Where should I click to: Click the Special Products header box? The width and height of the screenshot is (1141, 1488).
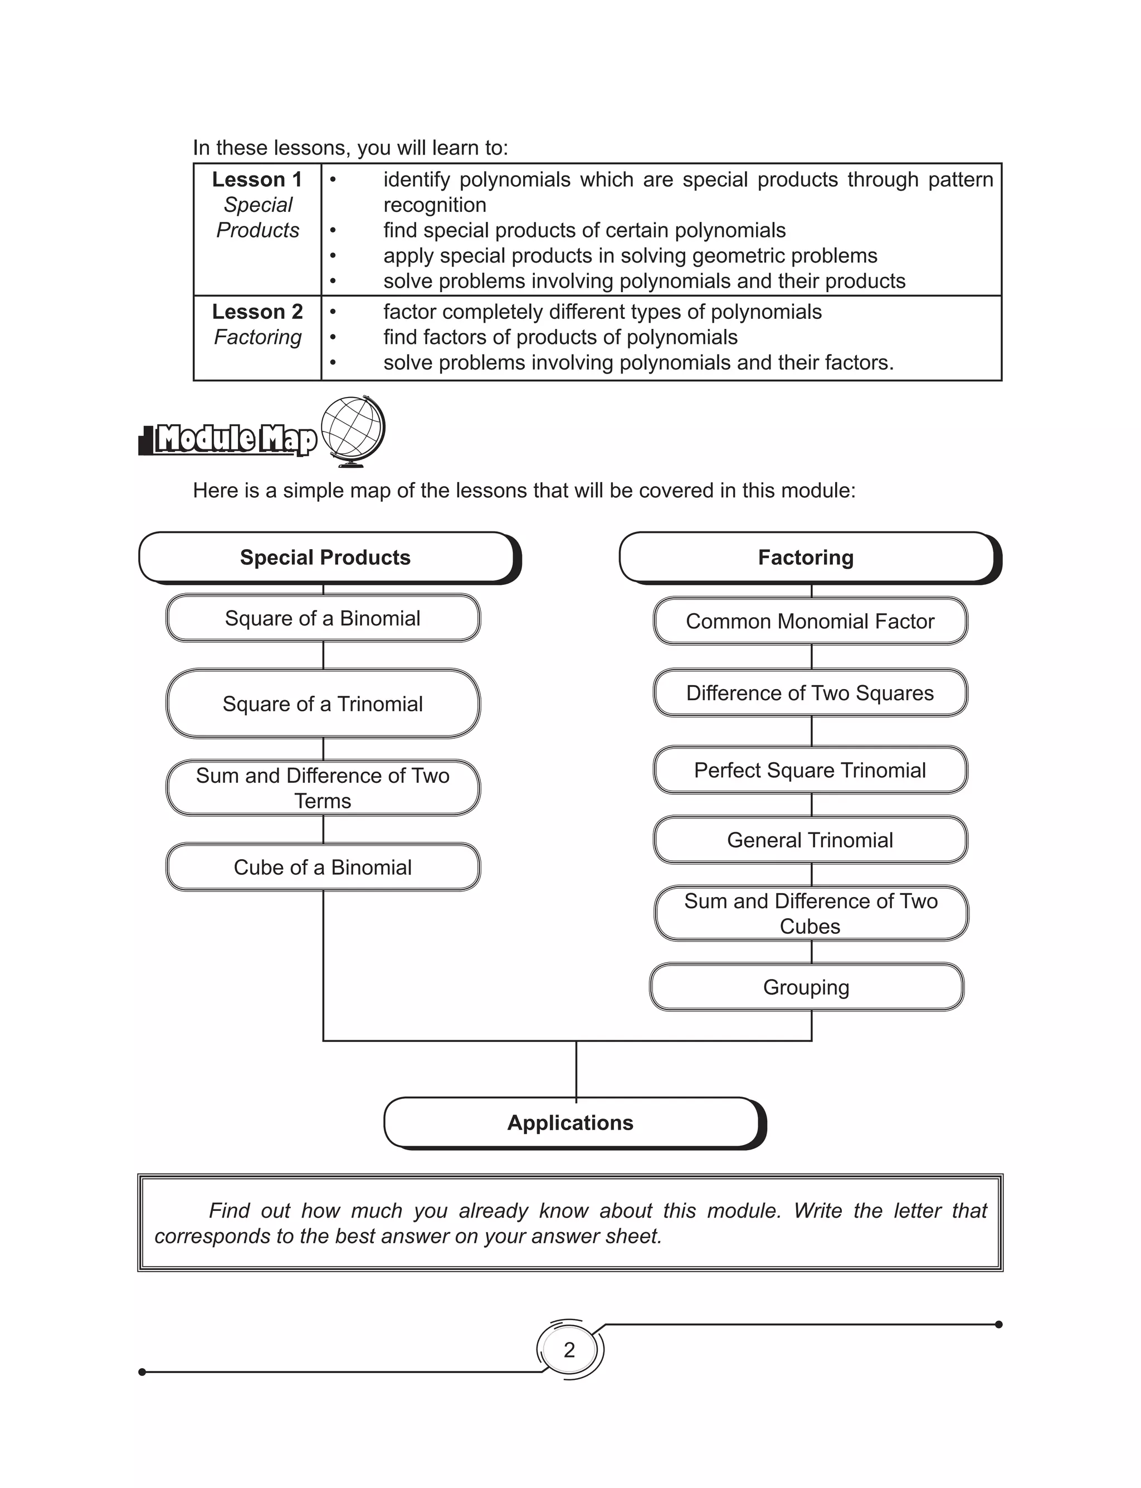tap(325, 557)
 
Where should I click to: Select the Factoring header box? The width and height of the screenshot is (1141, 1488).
tap(806, 557)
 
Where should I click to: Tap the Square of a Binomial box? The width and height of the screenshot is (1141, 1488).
tap(323, 618)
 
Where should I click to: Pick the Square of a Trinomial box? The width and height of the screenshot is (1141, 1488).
tap(323, 704)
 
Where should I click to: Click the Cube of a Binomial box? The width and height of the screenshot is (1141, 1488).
tap(323, 867)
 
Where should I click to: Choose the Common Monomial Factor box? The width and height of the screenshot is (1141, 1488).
tap(810, 621)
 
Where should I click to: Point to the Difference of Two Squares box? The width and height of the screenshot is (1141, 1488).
tap(810, 693)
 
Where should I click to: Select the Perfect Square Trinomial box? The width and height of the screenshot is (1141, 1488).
tap(810, 770)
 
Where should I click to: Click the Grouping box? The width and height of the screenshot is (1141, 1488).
tap(806, 987)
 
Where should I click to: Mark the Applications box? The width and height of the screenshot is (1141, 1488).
tap(570, 1122)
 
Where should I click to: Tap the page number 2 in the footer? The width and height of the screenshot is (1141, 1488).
tap(569, 1349)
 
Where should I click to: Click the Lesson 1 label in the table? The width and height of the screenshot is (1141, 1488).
tap(257, 180)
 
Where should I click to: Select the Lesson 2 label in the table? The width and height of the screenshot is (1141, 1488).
tap(257, 312)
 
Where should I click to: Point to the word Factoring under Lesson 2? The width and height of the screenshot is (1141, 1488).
tap(257, 337)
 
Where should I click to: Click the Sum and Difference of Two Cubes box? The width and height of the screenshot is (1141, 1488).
tap(810, 914)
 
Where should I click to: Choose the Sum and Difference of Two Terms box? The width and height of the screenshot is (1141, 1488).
tap(323, 788)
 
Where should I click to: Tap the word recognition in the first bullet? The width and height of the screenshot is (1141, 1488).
tap(435, 205)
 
